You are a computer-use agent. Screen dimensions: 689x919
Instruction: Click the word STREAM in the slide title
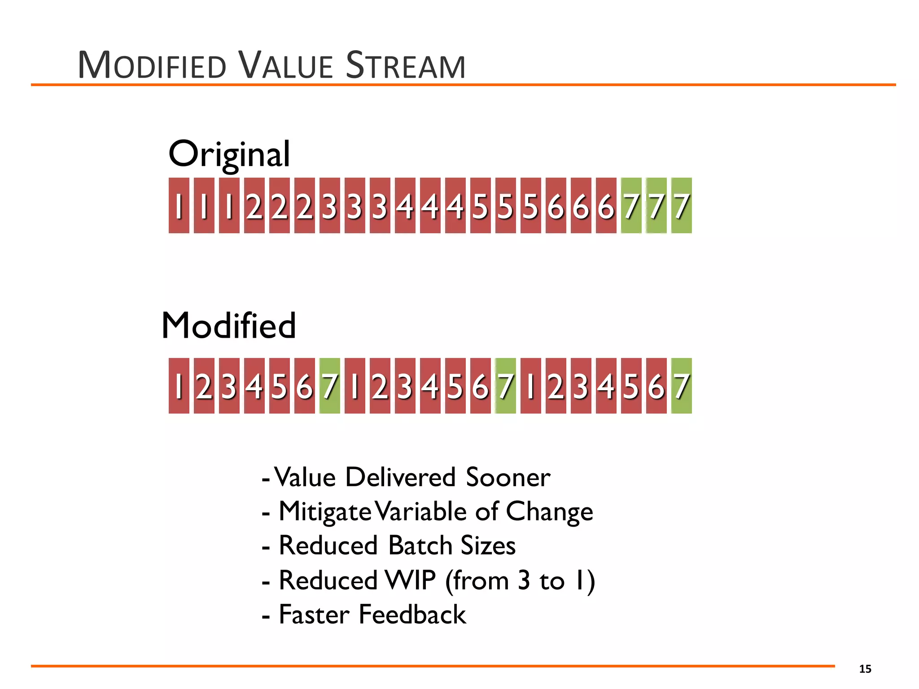pyautogui.click(x=406, y=66)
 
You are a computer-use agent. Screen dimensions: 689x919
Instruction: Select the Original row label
pyautogui.click(x=229, y=154)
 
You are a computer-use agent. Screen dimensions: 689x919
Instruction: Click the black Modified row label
pyautogui.click(x=228, y=325)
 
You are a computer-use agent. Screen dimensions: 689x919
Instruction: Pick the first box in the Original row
pyautogui.click(x=179, y=205)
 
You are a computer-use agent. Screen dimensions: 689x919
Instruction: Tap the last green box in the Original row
pyautogui.click(x=681, y=205)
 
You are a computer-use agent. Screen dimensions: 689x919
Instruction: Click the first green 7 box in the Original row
pyautogui.click(x=631, y=205)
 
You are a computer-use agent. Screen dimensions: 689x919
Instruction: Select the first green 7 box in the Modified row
pyautogui.click(x=329, y=386)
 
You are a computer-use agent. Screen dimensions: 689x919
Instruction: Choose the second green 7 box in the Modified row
pyautogui.click(x=505, y=386)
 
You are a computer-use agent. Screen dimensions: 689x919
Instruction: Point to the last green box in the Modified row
pyautogui.click(x=681, y=386)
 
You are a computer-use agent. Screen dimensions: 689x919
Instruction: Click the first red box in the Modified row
pyautogui.click(x=179, y=386)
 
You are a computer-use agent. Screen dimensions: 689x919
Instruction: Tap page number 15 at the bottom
pyautogui.click(x=865, y=669)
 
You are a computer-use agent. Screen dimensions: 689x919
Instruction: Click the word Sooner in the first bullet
pyautogui.click(x=508, y=477)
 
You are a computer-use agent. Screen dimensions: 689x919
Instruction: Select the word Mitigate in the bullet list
pyautogui.click(x=325, y=511)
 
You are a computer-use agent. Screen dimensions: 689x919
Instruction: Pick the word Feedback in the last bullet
pyautogui.click(x=412, y=615)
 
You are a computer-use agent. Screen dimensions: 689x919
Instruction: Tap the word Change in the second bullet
pyautogui.click(x=549, y=511)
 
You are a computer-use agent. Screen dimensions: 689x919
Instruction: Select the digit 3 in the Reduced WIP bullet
pyautogui.click(x=524, y=580)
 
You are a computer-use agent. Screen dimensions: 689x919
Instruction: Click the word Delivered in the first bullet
pyautogui.click(x=400, y=477)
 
